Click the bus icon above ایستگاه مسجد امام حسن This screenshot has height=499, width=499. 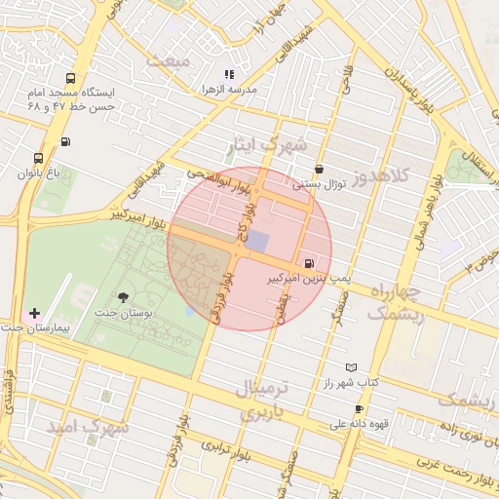tap(69, 78)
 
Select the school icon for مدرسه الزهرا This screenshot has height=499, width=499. tap(229, 74)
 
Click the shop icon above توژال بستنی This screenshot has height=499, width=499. tap(319, 169)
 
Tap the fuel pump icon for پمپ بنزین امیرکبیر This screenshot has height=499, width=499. tap(310, 262)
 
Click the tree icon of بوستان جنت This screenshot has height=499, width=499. tap(123, 297)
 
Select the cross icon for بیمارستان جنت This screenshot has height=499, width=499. tap(35, 313)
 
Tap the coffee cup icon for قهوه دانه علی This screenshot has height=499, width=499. tap(359, 408)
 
